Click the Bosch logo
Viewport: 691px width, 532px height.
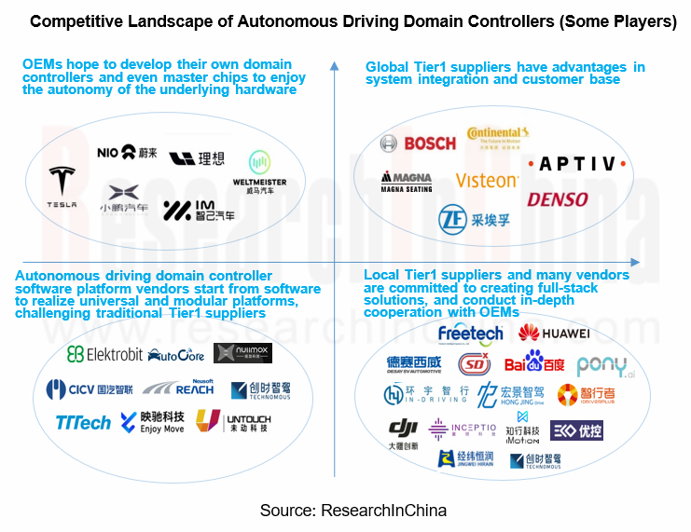point(418,143)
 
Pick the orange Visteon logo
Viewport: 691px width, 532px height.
point(487,180)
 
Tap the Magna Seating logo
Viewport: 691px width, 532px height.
point(406,182)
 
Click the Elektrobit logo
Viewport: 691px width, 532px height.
point(104,354)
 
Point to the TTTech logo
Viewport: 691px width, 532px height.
point(83,423)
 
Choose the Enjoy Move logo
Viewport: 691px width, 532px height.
point(152,422)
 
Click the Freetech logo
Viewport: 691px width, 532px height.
point(470,333)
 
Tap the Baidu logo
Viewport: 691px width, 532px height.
point(534,362)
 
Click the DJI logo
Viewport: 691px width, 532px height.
point(402,432)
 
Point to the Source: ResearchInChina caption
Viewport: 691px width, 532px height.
point(352,511)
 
